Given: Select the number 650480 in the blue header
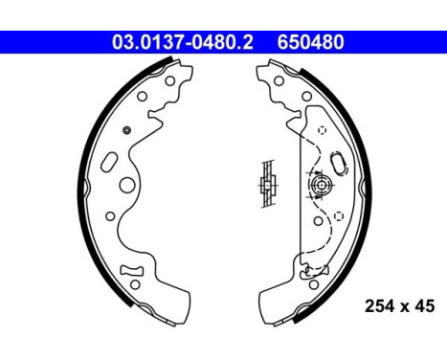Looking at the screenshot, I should (311, 42).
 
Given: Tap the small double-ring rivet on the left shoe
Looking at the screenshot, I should (127, 129).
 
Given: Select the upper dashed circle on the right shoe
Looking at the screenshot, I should (322, 130).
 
